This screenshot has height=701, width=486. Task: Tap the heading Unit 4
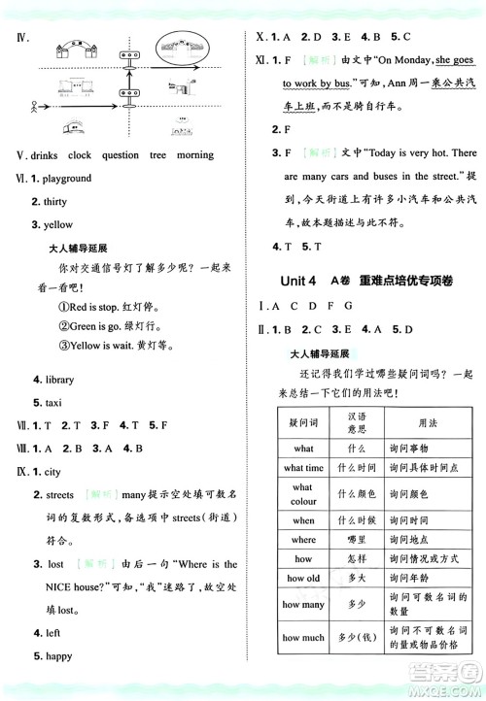297,281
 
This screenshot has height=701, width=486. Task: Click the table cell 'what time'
303,468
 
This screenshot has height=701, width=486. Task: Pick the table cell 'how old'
303,578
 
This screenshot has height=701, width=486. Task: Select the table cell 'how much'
303,638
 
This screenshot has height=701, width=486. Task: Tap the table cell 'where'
303,540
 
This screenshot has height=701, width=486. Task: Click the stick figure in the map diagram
38,106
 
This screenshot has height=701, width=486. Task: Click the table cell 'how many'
303,605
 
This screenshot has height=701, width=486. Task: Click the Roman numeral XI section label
261,60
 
